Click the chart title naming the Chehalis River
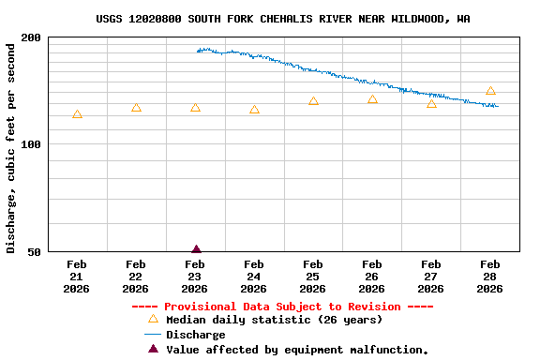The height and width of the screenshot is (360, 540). pos(283,19)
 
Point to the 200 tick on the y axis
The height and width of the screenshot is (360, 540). pos(32,37)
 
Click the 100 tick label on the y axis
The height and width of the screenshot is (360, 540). pos(32,144)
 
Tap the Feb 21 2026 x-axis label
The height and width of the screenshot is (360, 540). pos(77,277)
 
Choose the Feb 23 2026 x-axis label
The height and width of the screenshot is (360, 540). pos(195,277)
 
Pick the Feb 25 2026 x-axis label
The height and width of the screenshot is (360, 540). pos(313,277)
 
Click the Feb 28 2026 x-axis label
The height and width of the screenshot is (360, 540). pos(490,277)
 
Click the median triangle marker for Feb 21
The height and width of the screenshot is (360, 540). pos(77,114)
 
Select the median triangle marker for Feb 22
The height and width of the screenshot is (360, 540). pos(136,108)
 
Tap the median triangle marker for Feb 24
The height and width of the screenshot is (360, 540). pos(254,110)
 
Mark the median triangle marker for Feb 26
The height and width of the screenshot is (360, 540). pos(372,99)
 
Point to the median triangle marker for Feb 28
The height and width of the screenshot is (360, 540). pos(490,91)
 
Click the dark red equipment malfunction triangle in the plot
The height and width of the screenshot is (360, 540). pos(196,249)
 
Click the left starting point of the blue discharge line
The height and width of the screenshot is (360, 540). pos(198,51)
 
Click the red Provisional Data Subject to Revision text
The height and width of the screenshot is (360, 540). pos(282,307)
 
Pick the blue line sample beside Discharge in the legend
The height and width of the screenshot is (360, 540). pos(153,335)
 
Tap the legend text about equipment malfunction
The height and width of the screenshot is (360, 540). pos(297,350)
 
